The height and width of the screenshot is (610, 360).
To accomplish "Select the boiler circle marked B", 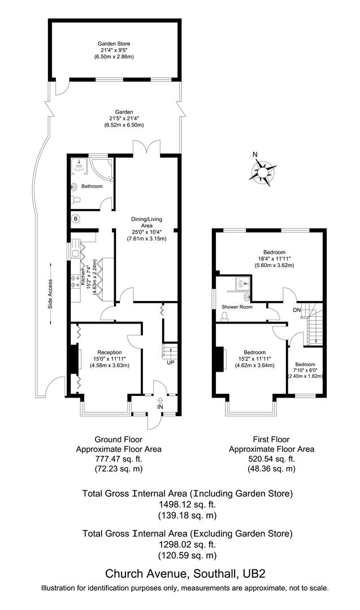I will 76,218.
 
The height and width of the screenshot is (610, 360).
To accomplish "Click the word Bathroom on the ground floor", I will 92,186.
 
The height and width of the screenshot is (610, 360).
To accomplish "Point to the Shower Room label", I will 237,307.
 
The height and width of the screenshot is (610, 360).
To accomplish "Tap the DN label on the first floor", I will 297,310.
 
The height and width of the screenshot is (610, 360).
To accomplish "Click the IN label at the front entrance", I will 160,406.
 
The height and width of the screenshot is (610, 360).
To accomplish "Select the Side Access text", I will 50,293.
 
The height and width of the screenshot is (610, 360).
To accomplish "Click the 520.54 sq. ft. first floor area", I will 271,459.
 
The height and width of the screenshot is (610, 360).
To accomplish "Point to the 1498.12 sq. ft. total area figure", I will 188,504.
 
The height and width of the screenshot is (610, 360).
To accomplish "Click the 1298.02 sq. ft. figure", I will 188,544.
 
